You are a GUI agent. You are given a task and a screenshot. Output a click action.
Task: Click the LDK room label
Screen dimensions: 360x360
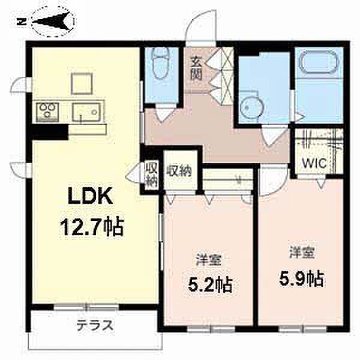[x=91, y=196]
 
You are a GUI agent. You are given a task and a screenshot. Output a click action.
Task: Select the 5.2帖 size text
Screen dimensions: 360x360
[x=210, y=284]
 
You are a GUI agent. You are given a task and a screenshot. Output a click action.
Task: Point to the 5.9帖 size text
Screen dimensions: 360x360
[x=301, y=280]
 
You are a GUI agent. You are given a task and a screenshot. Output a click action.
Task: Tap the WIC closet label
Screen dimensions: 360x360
[x=314, y=163]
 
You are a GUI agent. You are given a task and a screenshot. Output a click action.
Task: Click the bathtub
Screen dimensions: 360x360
[x=319, y=62]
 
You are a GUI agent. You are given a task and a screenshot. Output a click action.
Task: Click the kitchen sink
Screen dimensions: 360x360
[x=86, y=112]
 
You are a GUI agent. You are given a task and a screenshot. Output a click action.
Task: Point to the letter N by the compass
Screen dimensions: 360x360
[x=22, y=22]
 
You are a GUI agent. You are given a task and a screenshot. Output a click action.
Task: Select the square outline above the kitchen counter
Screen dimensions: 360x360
[x=82, y=83]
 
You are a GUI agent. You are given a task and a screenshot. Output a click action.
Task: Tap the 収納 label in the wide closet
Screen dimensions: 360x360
[x=179, y=171]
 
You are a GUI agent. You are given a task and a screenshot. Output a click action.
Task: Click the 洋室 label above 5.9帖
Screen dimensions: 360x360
[x=302, y=253]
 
